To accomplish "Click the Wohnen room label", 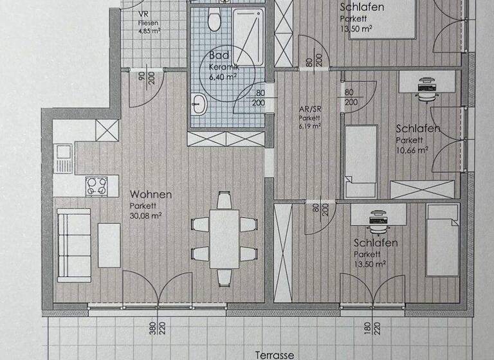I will (151, 194).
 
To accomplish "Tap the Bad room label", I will (219, 56).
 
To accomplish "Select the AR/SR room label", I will (310, 109).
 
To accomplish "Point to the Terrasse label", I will (275, 355).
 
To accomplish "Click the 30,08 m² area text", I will (145, 215).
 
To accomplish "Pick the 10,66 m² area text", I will (412, 150).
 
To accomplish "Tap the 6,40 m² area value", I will (223, 76).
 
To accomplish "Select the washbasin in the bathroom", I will (199, 102).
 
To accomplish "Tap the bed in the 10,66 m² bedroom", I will (360, 161).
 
